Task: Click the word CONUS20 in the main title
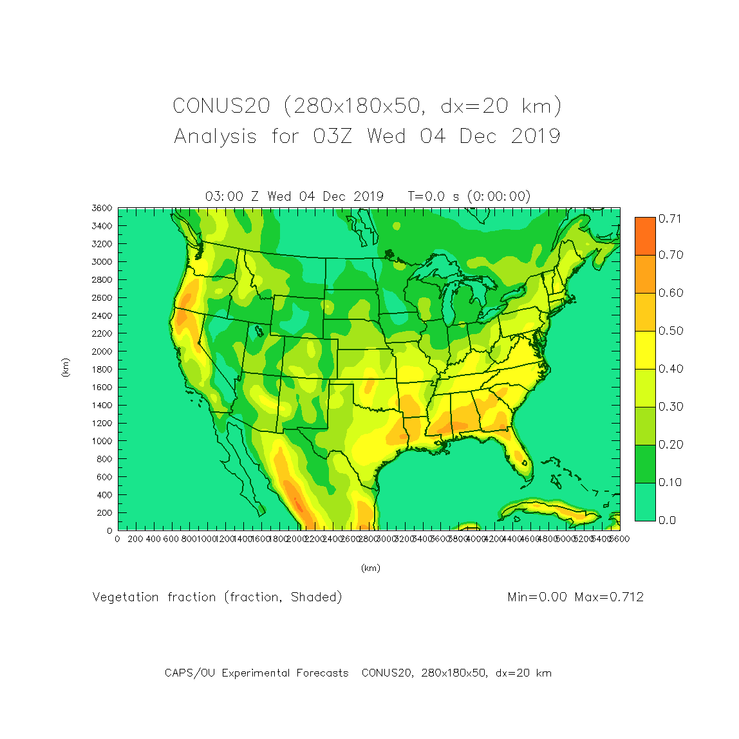[x=221, y=106]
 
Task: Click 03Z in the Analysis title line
[x=332, y=136]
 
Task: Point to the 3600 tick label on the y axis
[x=102, y=208]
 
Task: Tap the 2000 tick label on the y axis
[x=102, y=351]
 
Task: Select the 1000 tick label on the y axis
[x=102, y=441]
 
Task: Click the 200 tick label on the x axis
[x=135, y=539]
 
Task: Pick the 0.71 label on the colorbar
[x=669, y=219]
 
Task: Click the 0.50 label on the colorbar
[x=669, y=331]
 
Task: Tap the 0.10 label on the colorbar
[x=669, y=482]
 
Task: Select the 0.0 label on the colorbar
[x=667, y=520]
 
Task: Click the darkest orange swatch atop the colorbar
[x=645, y=236]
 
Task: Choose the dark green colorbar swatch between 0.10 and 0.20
[x=645, y=463]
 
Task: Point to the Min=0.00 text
[x=538, y=597]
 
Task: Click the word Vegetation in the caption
[x=126, y=597]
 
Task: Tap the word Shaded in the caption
[x=315, y=597]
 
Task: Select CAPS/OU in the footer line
[x=190, y=673]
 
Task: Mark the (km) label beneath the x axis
[x=370, y=568]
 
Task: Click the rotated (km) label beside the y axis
[x=65, y=368]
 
